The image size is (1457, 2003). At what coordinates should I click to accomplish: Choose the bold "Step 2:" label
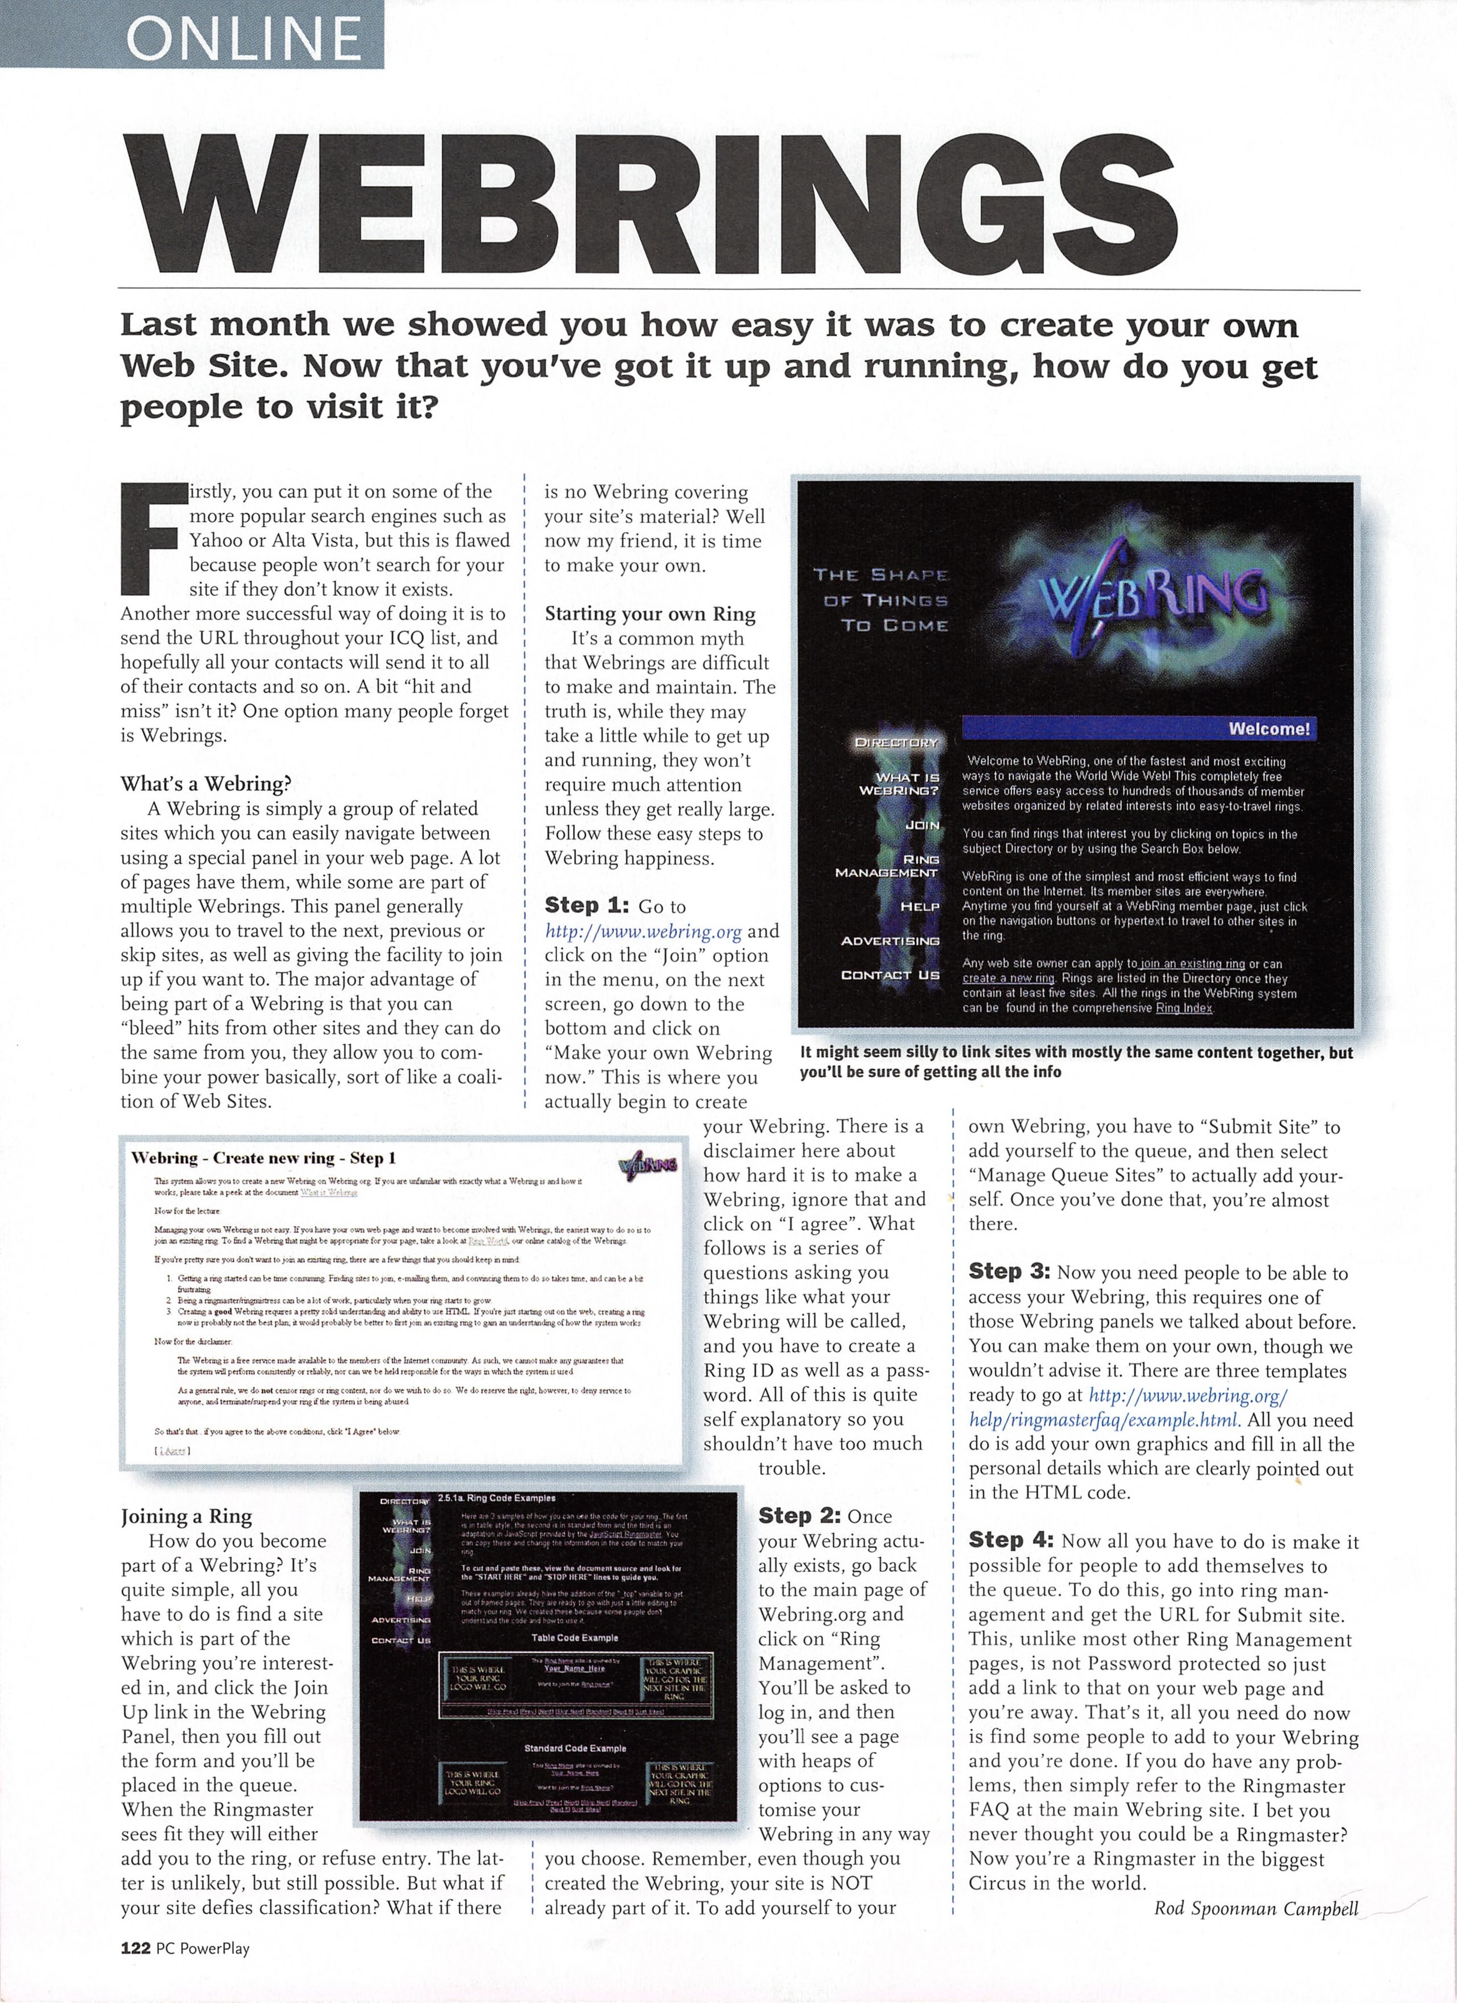coord(800,1515)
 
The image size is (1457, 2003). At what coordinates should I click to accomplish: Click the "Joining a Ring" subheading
coord(187,1516)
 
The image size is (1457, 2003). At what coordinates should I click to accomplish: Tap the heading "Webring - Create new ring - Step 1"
coord(263,1158)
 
